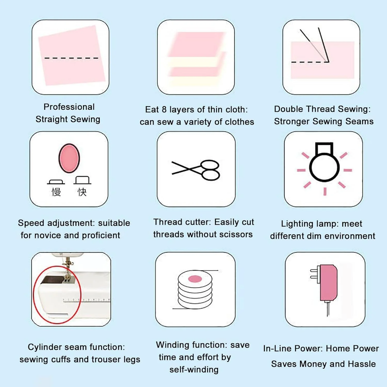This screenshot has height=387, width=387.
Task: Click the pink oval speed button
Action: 69,158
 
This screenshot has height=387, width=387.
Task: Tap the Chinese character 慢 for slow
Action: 56,192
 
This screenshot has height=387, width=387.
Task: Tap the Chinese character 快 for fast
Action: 82,192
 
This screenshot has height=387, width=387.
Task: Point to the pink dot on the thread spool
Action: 195,279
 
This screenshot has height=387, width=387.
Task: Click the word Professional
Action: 69,107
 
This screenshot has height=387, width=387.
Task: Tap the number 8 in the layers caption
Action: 164,109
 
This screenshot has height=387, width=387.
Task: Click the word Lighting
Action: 297,224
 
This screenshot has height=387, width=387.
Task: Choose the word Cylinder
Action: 44,347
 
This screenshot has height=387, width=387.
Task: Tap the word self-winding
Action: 194,370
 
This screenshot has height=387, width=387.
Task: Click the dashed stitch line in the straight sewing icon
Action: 71,58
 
